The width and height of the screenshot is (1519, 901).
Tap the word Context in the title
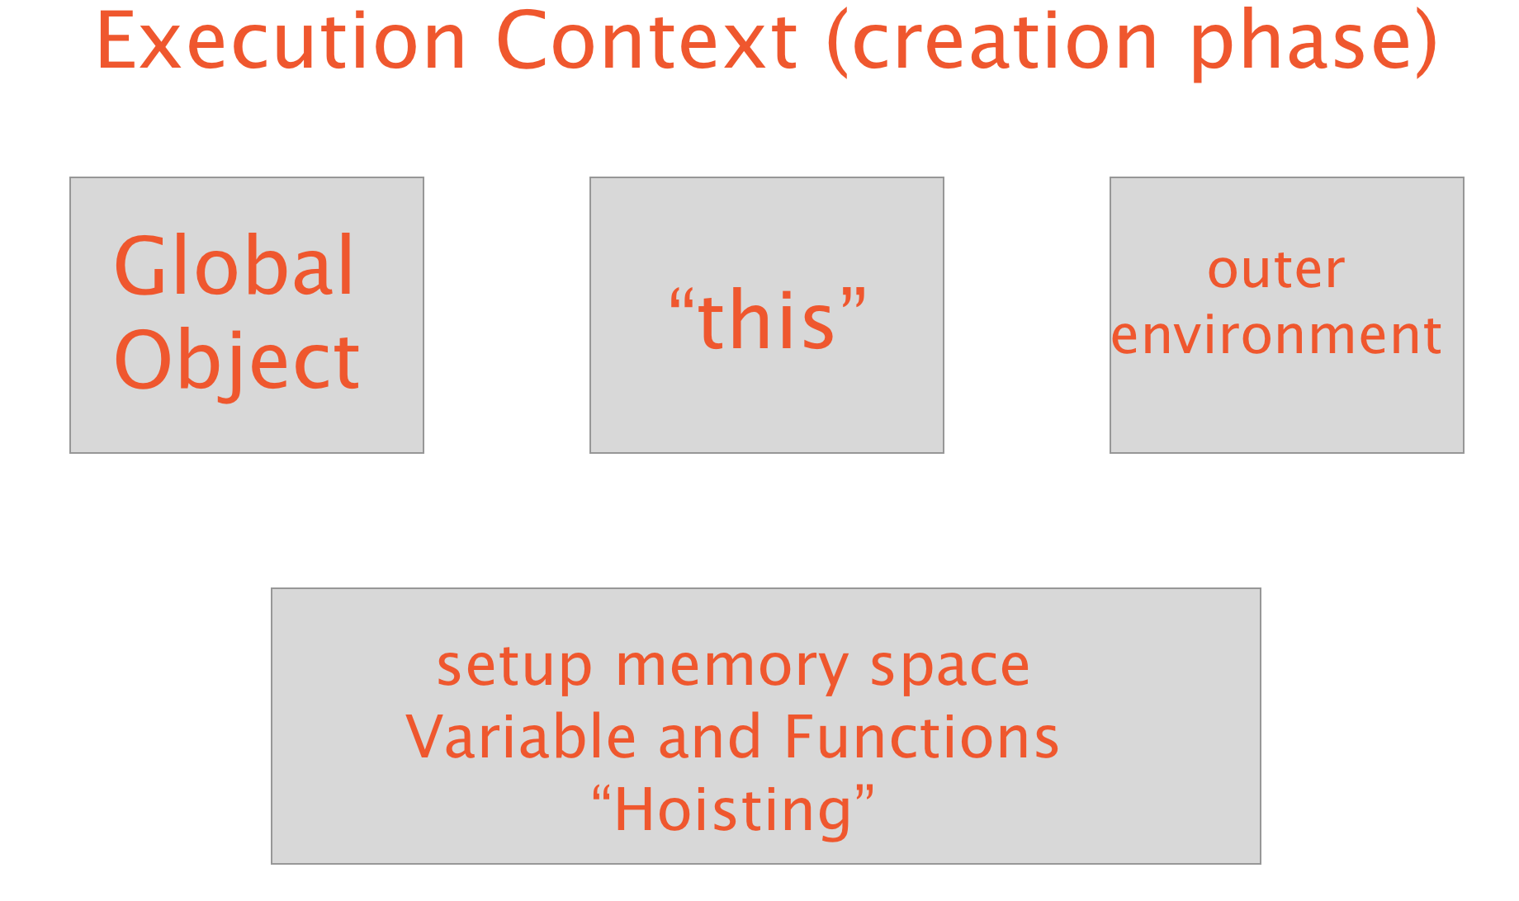coord(647,41)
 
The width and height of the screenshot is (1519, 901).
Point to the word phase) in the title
coord(1314,45)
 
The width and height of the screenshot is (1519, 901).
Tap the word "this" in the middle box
coord(768,318)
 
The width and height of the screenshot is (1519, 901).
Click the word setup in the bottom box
coord(514,667)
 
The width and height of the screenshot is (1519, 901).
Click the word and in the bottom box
coord(709,736)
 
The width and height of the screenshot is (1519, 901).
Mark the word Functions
coord(921,736)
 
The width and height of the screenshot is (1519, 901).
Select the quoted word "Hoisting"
coord(733,809)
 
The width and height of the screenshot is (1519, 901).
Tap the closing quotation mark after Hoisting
coord(864,794)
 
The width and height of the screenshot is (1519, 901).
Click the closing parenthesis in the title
coord(1426,45)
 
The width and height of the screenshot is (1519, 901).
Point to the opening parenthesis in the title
coord(838,45)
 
